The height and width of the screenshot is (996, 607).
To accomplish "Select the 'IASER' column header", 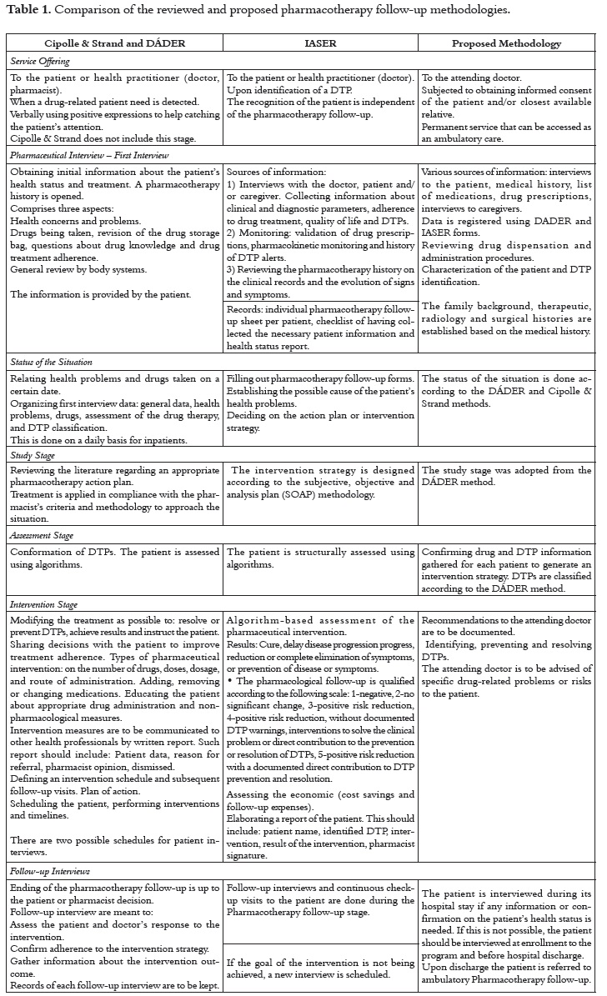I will coord(320,44).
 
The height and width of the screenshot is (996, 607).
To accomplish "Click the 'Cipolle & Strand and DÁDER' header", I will coord(115,44).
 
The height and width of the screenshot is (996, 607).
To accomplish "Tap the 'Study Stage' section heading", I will coord(33,455).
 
